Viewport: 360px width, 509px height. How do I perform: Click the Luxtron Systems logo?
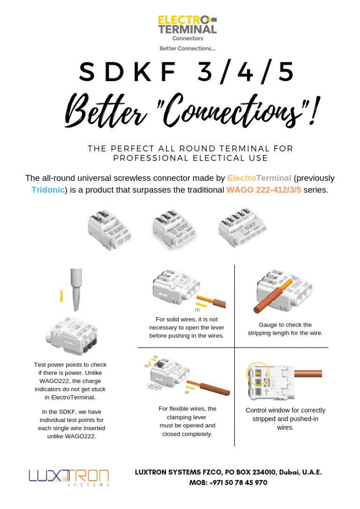tap(68, 477)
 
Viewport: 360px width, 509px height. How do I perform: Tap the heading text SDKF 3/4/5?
tap(187, 72)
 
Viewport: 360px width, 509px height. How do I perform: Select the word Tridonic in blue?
tap(48, 190)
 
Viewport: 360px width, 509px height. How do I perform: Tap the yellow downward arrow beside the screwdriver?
tap(61, 296)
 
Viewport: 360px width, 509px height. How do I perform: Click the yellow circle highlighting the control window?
tap(257, 374)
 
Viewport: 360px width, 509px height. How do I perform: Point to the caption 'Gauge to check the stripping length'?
tap(285, 329)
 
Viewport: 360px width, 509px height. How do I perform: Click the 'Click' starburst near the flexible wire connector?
tap(154, 386)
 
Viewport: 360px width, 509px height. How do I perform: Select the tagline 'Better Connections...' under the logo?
tap(187, 48)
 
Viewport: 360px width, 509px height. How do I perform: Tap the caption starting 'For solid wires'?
tap(187, 327)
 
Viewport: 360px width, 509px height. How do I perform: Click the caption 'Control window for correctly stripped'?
tap(285, 419)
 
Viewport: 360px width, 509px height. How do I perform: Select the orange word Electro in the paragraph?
tap(242, 178)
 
